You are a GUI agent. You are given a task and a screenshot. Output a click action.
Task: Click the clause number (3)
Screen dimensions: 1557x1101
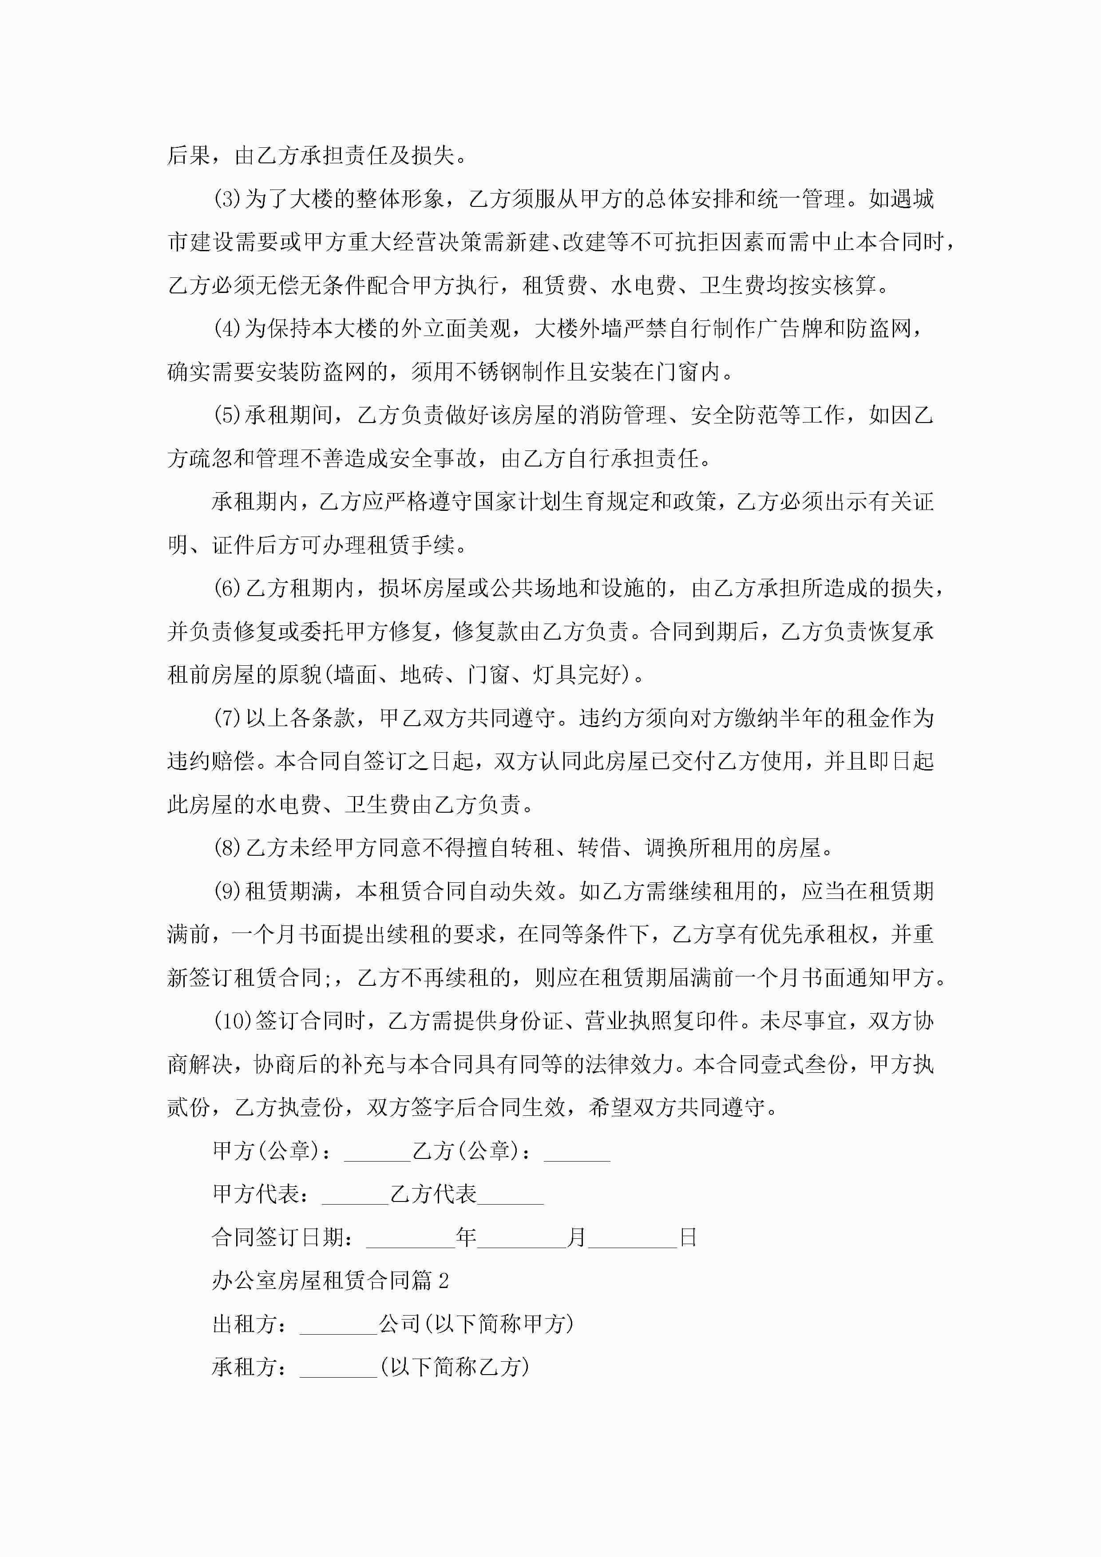pyautogui.click(x=227, y=199)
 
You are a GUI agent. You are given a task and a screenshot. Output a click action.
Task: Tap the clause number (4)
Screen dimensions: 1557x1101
pyautogui.click(x=227, y=329)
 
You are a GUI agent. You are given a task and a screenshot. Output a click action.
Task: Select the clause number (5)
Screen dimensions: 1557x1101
pyautogui.click(x=227, y=415)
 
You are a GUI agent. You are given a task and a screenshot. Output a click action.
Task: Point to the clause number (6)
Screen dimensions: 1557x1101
pyautogui.click(x=227, y=588)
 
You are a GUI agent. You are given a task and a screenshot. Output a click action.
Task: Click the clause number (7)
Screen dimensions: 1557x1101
pyautogui.click(x=227, y=718)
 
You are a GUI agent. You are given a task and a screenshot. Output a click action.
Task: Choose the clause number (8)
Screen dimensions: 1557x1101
pyautogui.click(x=227, y=848)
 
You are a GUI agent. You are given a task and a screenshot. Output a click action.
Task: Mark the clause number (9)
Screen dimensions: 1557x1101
pyautogui.click(x=227, y=891)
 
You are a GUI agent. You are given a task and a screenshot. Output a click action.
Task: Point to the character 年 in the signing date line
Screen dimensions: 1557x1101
pyautogui.click(x=466, y=1237)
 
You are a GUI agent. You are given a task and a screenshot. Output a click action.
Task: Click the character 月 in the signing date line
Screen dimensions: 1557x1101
pyautogui.click(x=577, y=1237)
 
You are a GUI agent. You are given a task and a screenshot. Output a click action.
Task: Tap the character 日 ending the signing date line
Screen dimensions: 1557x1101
pyautogui.click(x=688, y=1237)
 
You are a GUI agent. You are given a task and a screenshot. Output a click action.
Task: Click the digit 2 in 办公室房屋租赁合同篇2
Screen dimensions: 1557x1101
pyautogui.click(x=444, y=1281)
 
